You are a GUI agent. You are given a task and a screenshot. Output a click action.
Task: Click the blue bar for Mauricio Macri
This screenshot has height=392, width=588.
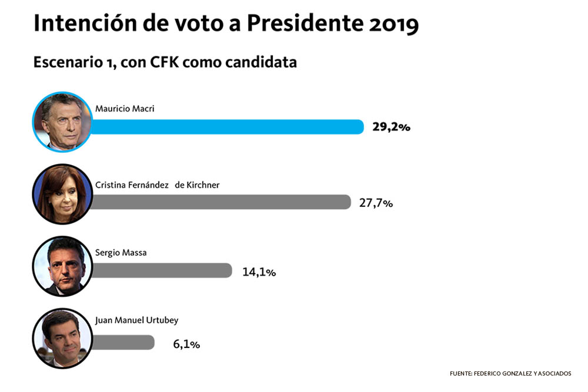coord(227,127)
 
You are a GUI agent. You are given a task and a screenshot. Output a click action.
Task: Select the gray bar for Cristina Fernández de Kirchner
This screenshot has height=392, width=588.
coord(221,202)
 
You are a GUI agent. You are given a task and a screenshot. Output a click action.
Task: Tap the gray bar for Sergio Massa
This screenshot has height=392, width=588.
coord(162,270)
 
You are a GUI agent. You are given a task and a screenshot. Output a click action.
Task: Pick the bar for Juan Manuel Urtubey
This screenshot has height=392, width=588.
coord(123,343)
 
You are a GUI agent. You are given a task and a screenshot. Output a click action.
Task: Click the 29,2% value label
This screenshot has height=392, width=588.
coord(391,127)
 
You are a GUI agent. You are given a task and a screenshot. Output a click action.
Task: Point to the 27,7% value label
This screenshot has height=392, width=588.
coord(376,203)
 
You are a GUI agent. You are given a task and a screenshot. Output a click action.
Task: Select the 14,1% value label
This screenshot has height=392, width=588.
coord(259,272)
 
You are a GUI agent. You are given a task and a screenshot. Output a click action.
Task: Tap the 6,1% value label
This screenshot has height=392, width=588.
coord(186,344)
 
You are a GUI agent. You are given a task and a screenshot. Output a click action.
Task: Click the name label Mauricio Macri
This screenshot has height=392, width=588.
coord(125,109)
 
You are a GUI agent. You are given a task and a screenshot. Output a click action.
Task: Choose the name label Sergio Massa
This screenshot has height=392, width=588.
coord(121,253)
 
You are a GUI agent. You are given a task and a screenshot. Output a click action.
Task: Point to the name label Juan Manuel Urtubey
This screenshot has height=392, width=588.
coord(136,320)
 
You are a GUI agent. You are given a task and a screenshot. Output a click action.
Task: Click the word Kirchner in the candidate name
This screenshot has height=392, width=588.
coord(203,185)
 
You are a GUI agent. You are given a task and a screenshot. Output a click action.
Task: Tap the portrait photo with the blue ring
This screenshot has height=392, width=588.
coord(62,122)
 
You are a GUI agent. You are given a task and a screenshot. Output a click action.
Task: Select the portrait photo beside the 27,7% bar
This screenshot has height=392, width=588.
coord(62,194)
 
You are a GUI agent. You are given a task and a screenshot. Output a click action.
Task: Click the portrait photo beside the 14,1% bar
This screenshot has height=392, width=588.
coord(62,266)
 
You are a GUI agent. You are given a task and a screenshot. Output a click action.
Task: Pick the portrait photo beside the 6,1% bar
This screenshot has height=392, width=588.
coord(62,339)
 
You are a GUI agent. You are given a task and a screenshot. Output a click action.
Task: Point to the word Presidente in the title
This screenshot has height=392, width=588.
coord(305,24)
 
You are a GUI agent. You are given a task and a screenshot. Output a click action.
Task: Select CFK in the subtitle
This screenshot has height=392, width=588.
coord(164,62)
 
